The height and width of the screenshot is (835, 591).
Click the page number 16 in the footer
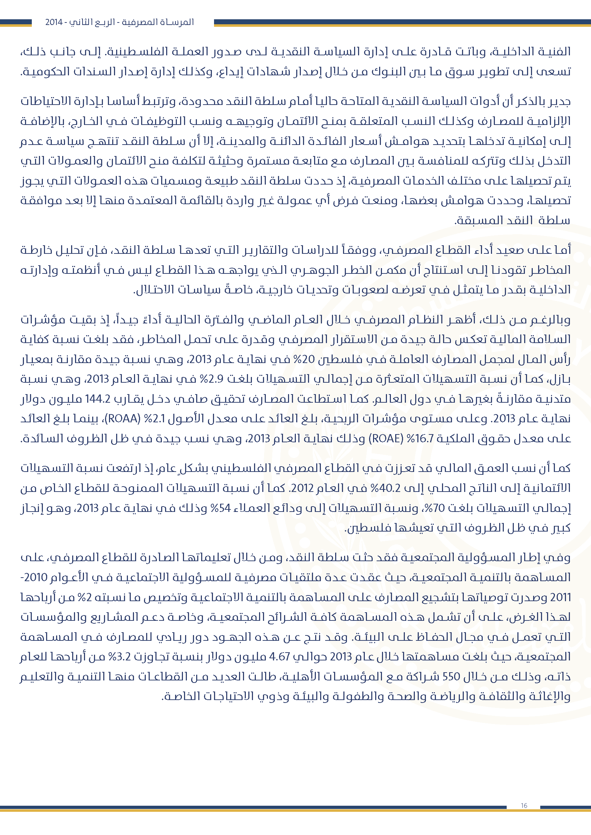coord(524,805)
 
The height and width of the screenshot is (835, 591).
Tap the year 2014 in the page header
coord(54,22)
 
